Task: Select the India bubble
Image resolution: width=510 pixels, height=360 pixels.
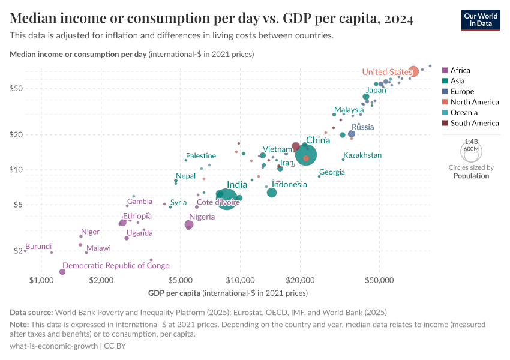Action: [227, 198]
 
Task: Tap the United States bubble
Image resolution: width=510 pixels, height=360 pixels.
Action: [413, 71]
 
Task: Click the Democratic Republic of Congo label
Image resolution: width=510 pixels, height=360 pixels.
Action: [116, 265]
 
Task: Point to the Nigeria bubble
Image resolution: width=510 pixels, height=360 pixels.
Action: [190, 224]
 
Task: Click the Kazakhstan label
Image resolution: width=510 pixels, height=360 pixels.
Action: [362, 155]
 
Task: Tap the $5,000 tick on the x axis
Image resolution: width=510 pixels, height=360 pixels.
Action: [181, 280]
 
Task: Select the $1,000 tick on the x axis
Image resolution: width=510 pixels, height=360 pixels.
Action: [41, 280]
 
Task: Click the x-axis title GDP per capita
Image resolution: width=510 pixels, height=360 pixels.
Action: [174, 293]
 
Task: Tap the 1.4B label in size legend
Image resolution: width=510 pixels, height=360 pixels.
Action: [471, 142]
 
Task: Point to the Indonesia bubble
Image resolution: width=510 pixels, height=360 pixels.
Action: [271, 193]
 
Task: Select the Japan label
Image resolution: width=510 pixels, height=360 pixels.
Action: [376, 90]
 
